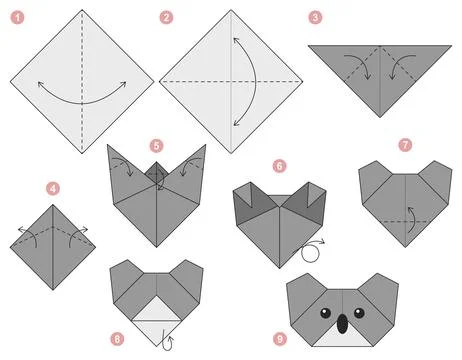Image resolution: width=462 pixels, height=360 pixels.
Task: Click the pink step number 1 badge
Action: pos(14,16)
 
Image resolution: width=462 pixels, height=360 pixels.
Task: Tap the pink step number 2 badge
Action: pos(166,17)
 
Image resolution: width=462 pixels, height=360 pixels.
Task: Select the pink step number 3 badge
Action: pos(315,17)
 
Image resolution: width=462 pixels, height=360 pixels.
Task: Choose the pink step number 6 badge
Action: pos(280,166)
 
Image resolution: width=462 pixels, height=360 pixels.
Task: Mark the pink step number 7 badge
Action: pos(405,144)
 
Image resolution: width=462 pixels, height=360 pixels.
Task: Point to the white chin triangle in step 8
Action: pos(156,323)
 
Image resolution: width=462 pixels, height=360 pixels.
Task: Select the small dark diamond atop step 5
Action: pos(156,176)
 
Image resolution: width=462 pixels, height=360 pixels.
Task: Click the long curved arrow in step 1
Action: pos(83,100)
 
